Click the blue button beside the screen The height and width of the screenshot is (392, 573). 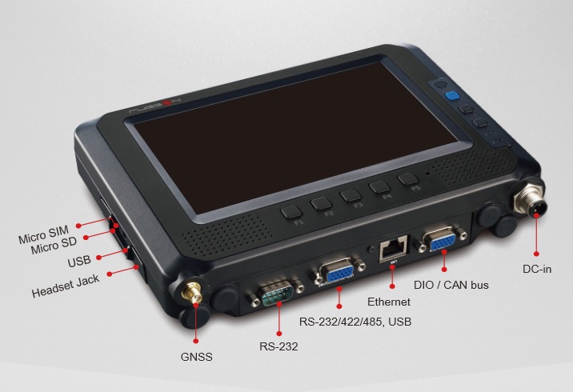[x=452, y=96]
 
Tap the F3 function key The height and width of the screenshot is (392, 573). [x=351, y=195]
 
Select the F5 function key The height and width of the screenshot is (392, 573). [x=408, y=178]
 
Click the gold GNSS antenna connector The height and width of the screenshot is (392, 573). [x=192, y=292]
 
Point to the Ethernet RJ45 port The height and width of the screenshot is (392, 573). [x=394, y=249]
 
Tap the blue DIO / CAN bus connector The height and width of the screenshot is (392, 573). [x=441, y=239]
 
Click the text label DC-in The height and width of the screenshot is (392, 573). [x=537, y=270]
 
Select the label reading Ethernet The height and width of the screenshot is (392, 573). [x=388, y=302]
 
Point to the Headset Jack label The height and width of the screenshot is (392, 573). [x=66, y=286]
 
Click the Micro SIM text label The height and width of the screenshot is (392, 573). [x=43, y=235]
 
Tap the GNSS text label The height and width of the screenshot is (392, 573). [x=196, y=357]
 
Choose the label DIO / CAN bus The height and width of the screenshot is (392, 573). [x=451, y=285]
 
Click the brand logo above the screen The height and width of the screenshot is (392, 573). [x=155, y=106]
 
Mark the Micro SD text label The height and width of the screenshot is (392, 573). [x=54, y=246]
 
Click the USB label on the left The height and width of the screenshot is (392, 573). [x=79, y=261]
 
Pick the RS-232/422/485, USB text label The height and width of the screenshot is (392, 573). [x=355, y=322]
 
